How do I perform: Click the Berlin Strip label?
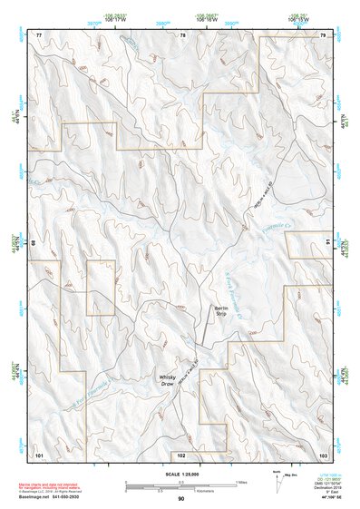(219, 311)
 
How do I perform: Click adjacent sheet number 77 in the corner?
(38, 34)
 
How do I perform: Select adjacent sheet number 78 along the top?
(181, 34)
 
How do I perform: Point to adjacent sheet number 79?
(323, 34)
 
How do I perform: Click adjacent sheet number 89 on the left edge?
(34, 243)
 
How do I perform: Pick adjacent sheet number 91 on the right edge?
(327, 243)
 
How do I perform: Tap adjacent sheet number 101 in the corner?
(39, 453)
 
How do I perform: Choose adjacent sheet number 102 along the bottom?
(181, 453)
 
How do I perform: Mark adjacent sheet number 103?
(323, 453)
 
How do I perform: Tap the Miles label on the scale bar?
(239, 482)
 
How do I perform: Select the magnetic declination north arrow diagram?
(275, 485)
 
